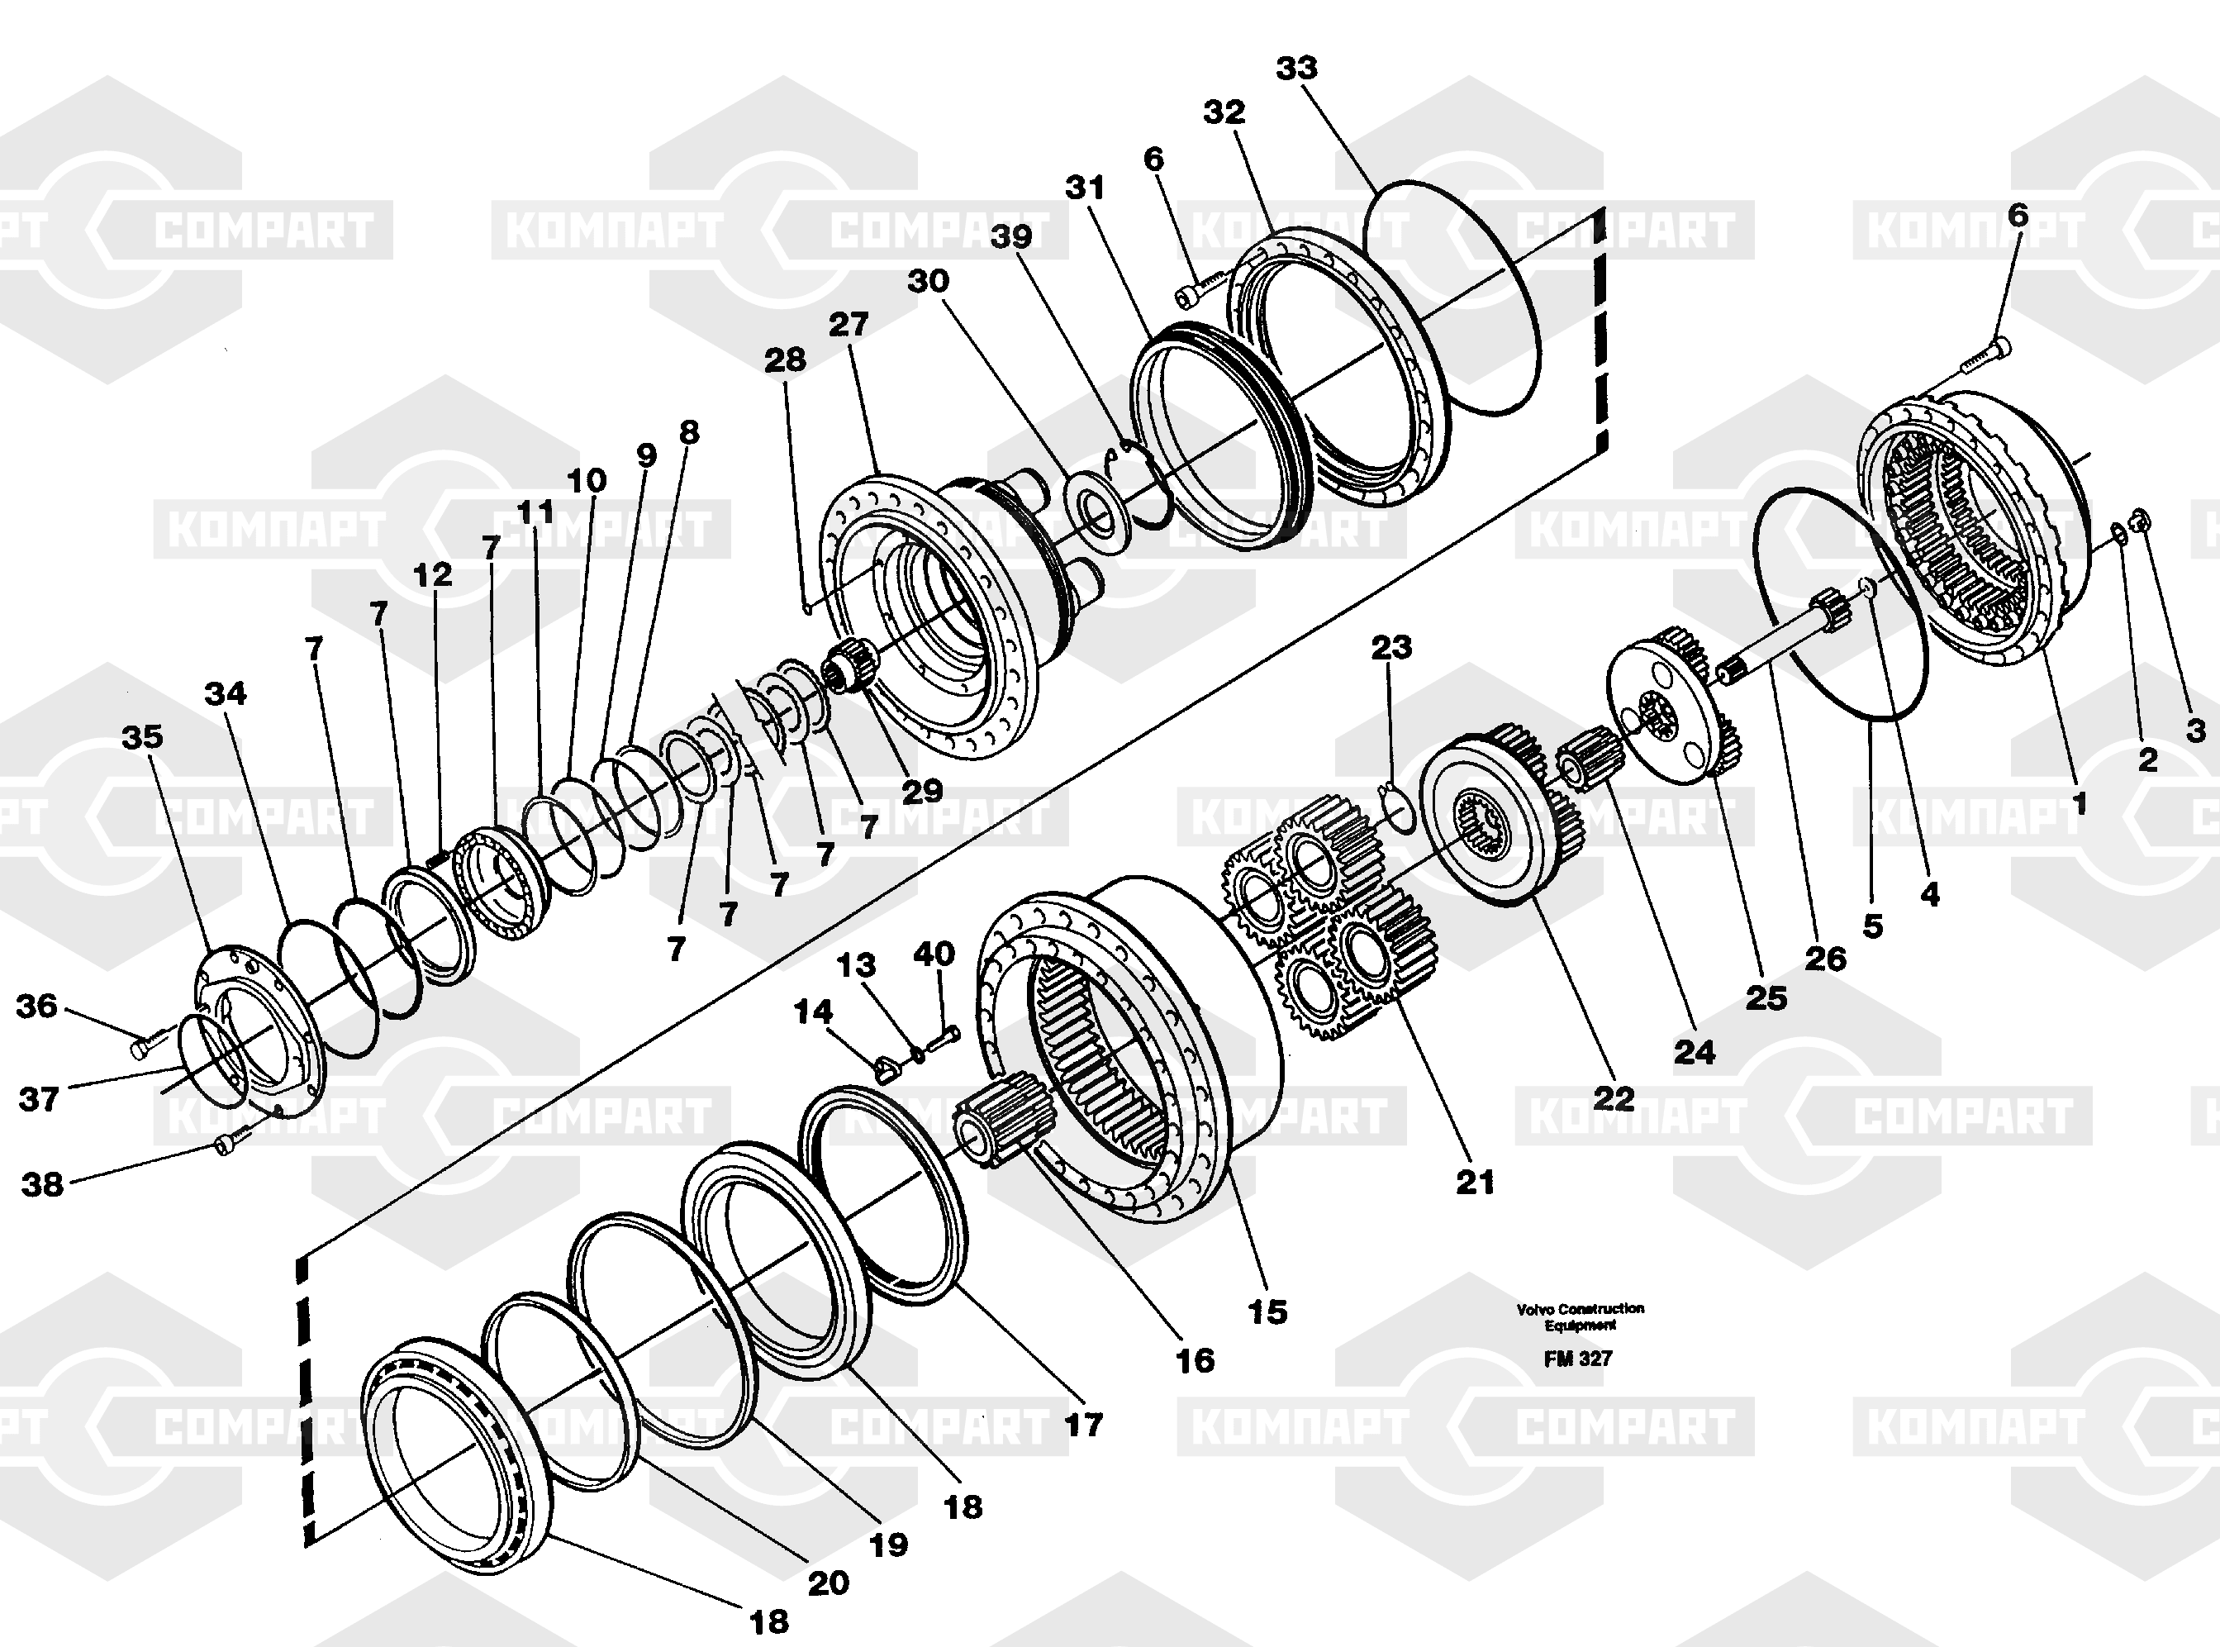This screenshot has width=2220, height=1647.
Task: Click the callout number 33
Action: [1296, 68]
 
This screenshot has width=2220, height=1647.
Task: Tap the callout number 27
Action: [849, 324]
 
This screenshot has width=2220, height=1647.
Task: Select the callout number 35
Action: [143, 737]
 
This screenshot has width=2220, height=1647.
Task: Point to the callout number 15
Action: [1267, 1312]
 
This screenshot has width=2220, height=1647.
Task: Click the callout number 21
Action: [1476, 1183]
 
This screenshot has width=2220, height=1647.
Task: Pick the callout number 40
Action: [934, 954]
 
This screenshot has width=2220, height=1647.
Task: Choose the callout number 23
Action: [1391, 647]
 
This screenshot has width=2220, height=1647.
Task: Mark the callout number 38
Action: [42, 1184]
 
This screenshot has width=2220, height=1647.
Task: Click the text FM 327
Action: [1578, 1359]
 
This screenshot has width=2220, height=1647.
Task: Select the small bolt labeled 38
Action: [226, 1145]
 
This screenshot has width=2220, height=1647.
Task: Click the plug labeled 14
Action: [887, 1071]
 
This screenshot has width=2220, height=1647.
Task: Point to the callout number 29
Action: [922, 791]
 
